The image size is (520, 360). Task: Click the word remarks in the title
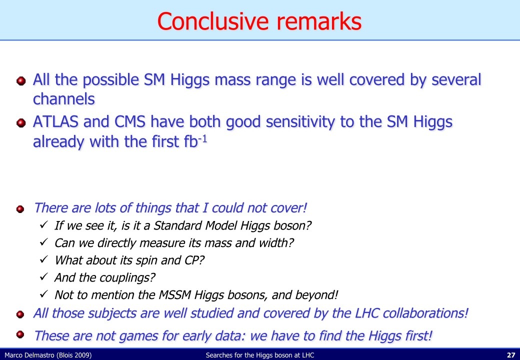point(319,21)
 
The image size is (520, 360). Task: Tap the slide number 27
point(511,355)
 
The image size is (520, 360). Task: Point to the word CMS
point(130,121)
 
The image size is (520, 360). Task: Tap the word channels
point(63,99)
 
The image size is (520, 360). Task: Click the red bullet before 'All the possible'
point(21,81)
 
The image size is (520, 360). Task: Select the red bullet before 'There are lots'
point(20,209)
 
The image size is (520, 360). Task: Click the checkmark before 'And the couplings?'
point(44,276)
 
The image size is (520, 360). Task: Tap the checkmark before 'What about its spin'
point(44,259)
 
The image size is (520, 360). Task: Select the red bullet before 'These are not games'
point(20,334)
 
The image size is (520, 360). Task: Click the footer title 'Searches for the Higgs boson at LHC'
point(259,355)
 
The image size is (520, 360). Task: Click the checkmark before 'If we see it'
point(44,224)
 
